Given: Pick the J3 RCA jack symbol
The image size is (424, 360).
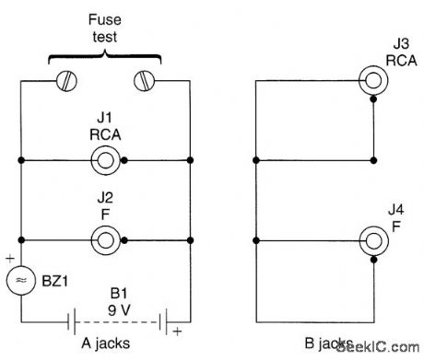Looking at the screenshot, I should (372, 80).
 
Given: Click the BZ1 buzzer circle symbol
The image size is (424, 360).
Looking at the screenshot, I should (20, 280).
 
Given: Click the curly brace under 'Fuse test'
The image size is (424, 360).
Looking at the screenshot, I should (105, 61).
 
